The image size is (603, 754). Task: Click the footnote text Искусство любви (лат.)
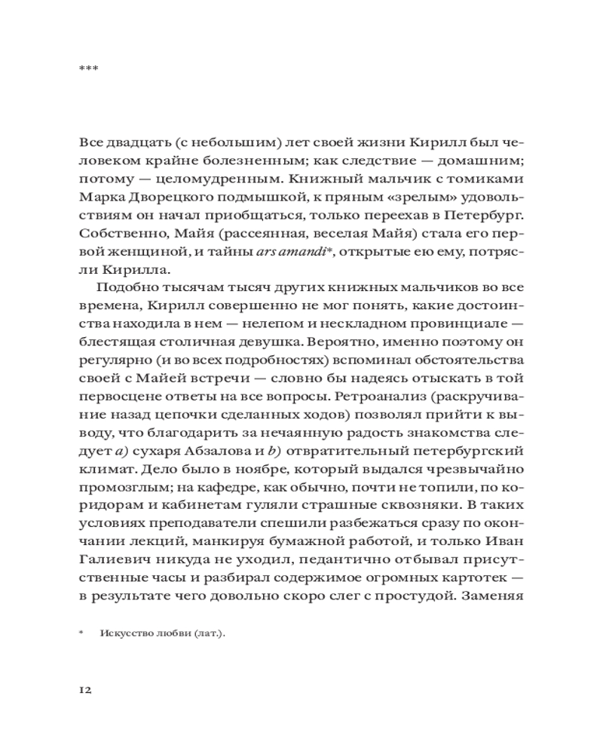click(x=162, y=634)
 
